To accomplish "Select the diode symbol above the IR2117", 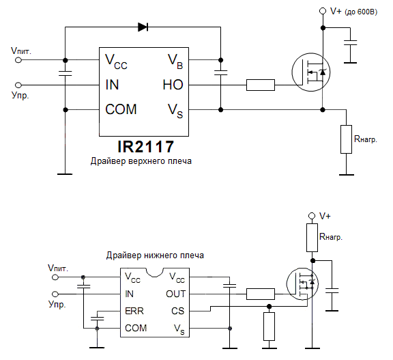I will pos(143,27).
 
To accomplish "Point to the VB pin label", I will pos(175,61).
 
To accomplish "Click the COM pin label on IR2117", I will pos(121,109).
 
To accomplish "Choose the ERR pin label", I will pos(135,311).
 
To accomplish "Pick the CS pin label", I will pos(178,311).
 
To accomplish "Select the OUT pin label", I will pos(175,294).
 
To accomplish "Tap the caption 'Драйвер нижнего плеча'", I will pos(155,255).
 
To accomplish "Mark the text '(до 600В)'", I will pos(362,12).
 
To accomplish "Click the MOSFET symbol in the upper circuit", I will pos(312,71).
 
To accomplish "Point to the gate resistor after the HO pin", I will pos(260,85).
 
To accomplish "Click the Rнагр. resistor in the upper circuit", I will pos(346,139).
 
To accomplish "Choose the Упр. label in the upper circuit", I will pos(20,96).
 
